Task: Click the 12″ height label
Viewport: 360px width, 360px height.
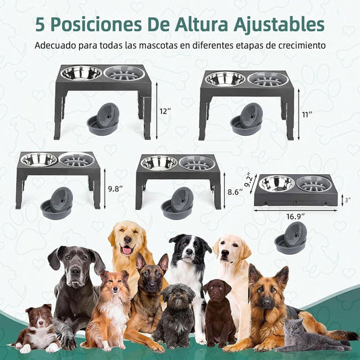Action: tap(165, 111)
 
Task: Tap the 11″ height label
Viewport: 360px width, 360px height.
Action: tap(307, 115)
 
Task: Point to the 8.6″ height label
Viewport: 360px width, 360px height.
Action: tap(235, 192)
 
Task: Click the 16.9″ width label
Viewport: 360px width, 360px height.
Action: tap(295, 217)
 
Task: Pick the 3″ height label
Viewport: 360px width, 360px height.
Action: tap(348, 200)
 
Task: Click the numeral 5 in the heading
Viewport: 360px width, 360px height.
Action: tap(40, 24)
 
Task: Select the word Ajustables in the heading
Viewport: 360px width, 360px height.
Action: tap(279, 25)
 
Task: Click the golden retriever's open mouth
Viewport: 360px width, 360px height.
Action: tap(127, 250)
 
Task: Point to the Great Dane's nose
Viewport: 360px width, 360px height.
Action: tap(76, 272)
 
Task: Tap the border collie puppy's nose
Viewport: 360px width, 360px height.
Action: tap(41, 323)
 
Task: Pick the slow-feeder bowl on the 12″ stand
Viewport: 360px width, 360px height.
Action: tap(124, 73)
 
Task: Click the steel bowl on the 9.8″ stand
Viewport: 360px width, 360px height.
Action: tap(39, 159)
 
